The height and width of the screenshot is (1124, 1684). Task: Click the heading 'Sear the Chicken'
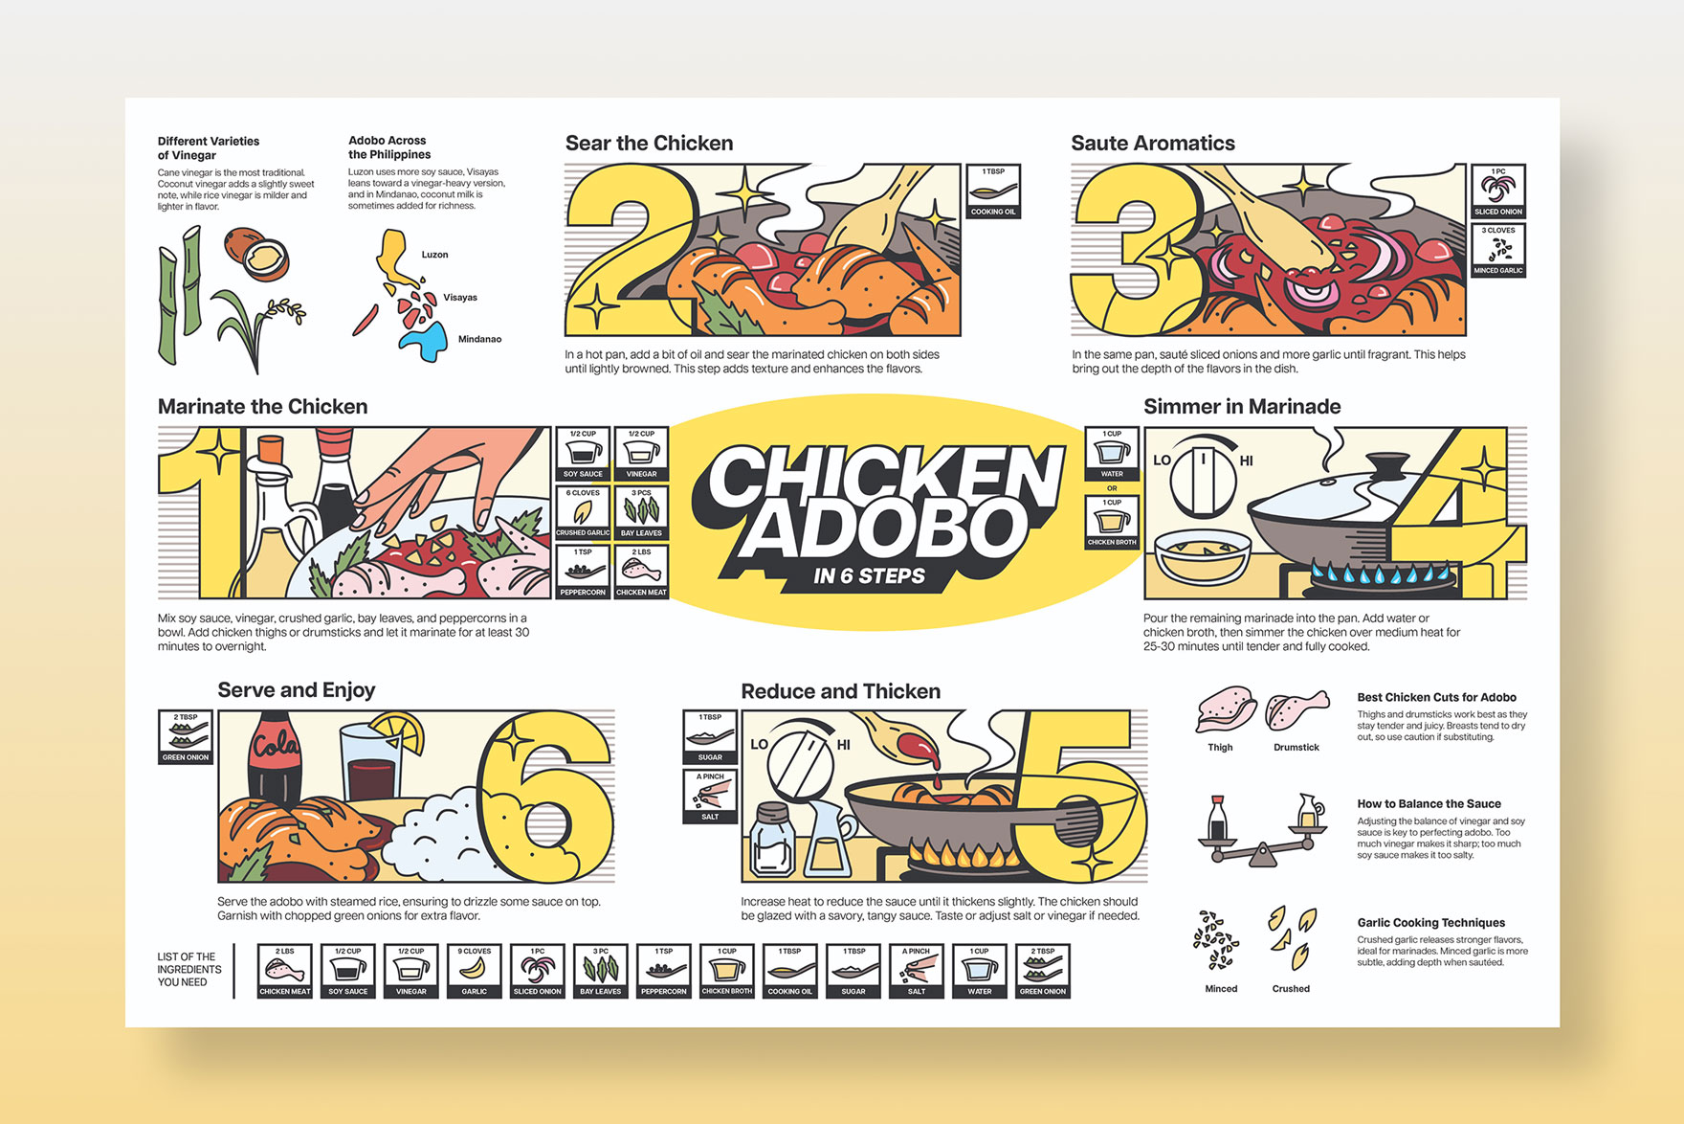pos(649,144)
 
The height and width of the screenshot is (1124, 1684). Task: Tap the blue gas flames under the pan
pos(1383,575)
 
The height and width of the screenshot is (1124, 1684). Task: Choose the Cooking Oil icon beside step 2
pos(993,191)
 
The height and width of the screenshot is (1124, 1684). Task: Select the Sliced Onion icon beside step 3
pos(1497,191)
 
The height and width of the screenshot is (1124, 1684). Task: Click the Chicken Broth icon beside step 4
pos(1112,523)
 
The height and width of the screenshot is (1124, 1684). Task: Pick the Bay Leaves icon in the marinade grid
pos(641,513)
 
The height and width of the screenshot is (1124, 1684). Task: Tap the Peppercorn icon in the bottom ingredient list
pos(664,971)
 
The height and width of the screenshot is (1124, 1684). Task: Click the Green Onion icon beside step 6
pos(186,737)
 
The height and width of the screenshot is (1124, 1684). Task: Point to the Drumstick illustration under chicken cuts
pos(1296,712)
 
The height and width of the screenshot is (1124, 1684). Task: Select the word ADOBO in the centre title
pos(882,528)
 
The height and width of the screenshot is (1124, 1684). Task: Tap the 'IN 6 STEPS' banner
pos(869,576)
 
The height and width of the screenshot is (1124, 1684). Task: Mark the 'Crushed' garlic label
pos(1291,989)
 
